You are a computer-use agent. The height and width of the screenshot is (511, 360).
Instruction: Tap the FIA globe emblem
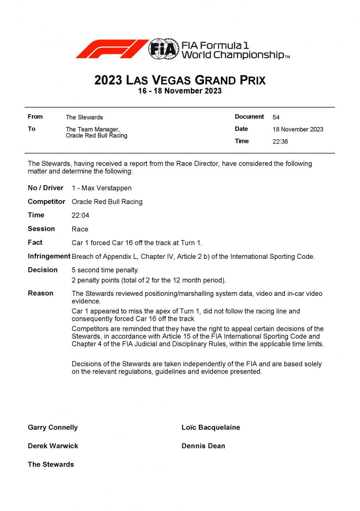pyautogui.click(x=164, y=49)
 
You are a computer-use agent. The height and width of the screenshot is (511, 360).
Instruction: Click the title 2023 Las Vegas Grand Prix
pyautogui.click(x=180, y=80)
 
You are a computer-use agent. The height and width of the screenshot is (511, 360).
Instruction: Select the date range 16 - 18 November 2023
pyautogui.click(x=180, y=91)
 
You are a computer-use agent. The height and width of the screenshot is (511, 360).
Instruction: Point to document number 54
pyautogui.click(x=276, y=117)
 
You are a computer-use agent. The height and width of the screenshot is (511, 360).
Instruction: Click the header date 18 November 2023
pyautogui.click(x=298, y=129)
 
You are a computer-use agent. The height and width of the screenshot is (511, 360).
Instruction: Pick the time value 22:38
pyautogui.click(x=280, y=142)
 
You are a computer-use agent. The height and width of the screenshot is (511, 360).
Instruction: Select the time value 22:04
pyautogui.click(x=80, y=215)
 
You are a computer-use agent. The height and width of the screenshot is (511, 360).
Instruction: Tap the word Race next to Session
pyautogui.click(x=80, y=229)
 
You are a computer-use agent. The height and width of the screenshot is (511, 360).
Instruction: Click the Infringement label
pyautogui.click(x=49, y=256)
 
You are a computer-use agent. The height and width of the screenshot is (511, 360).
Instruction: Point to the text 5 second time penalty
pyautogui.click(x=105, y=270)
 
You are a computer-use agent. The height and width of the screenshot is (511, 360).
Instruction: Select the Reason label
pyautogui.click(x=41, y=293)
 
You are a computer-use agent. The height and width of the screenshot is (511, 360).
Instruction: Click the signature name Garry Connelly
pyautogui.click(x=53, y=428)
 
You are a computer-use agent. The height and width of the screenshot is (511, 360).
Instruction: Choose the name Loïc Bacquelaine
pyautogui.click(x=210, y=428)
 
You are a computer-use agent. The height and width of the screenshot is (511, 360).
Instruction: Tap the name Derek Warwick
pyautogui.click(x=53, y=446)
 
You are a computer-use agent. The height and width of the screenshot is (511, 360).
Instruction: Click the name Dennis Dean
pyautogui.click(x=203, y=446)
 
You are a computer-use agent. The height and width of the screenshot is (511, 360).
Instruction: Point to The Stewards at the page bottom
pyautogui.click(x=51, y=464)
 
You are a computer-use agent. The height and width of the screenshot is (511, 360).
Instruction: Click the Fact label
pyautogui.click(x=35, y=242)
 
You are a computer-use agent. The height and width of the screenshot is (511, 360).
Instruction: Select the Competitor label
pyautogui.click(x=46, y=202)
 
